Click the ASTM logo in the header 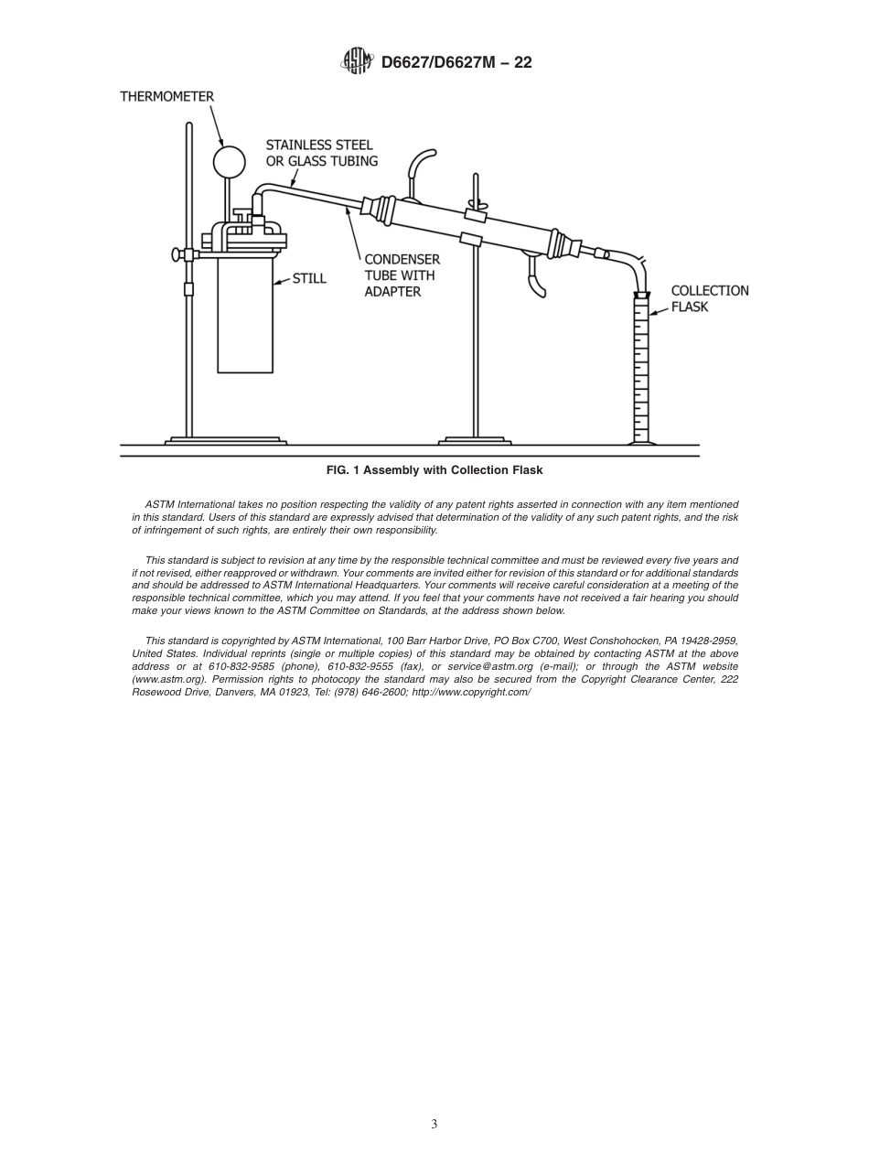pyautogui.click(x=356, y=61)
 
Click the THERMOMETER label pyautogui.click(x=167, y=96)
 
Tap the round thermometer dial pyautogui.click(x=229, y=162)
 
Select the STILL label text pyautogui.click(x=309, y=278)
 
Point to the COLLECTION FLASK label pyautogui.click(x=709, y=298)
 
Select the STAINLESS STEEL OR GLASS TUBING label pyautogui.click(x=320, y=153)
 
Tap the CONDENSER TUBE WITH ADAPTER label pyautogui.click(x=402, y=275)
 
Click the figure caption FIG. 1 pyautogui.click(x=434, y=470)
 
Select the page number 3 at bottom pyautogui.click(x=434, y=1124)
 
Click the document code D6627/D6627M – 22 pyautogui.click(x=456, y=62)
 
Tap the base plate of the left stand pyautogui.click(x=226, y=441)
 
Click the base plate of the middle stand pyautogui.click(x=475, y=441)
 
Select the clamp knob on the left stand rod pyautogui.click(x=177, y=254)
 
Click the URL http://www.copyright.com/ pyautogui.click(x=471, y=692)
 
